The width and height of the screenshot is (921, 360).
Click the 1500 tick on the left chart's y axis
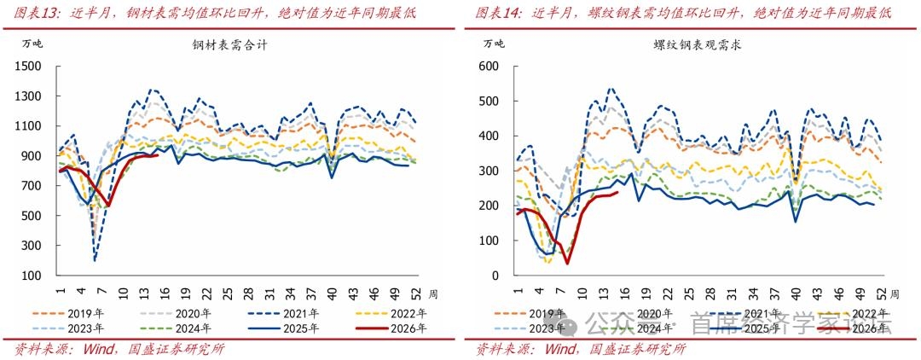(x=30, y=67)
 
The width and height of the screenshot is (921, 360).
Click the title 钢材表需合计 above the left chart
(x=230, y=46)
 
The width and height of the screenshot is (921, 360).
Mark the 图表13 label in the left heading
(x=32, y=13)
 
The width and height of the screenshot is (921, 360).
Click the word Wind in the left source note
(x=99, y=349)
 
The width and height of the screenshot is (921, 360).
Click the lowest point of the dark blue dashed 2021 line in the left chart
(x=94, y=260)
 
